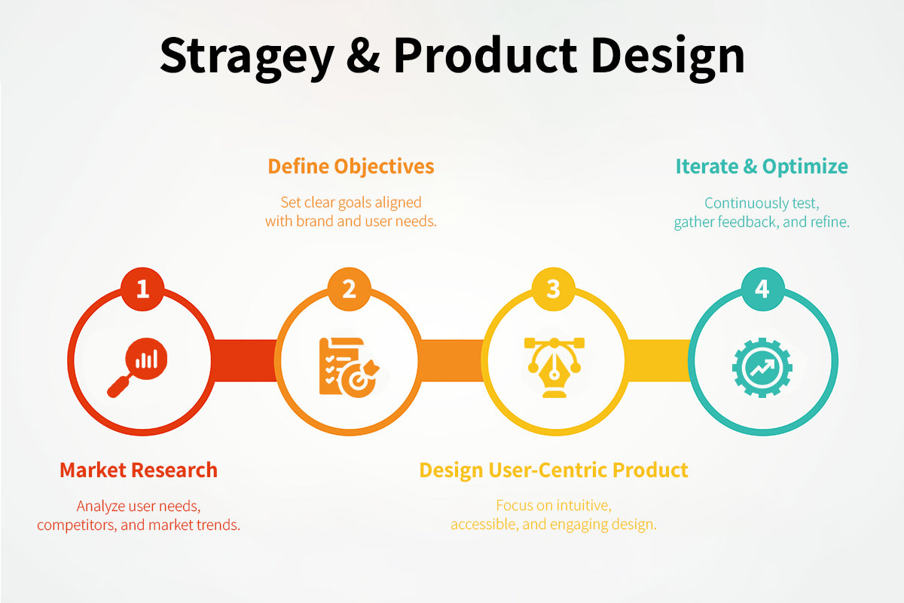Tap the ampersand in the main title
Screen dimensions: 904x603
point(363,56)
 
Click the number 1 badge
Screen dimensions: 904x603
point(142,289)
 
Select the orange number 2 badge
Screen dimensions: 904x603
point(349,289)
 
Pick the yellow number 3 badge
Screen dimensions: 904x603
point(553,289)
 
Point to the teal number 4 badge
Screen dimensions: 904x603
point(762,289)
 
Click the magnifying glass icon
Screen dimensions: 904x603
point(137,368)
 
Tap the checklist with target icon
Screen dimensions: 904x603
point(349,368)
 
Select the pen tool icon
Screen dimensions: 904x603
point(554,368)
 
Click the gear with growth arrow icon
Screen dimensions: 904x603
point(762,368)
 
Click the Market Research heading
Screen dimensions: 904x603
point(139,470)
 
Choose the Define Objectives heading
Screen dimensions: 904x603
point(351,167)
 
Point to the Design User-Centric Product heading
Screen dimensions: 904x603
point(554,470)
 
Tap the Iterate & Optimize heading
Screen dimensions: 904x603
point(762,167)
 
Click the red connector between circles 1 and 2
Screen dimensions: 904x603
point(245,360)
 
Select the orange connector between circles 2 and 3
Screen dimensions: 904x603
point(450,360)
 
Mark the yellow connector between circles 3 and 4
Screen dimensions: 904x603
point(658,360)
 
